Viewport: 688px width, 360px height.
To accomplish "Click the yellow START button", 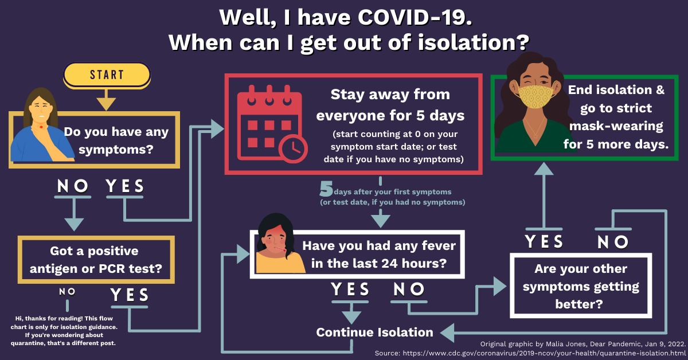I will click(107, 75).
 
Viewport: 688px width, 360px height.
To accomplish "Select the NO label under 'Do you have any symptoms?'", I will click(73, 186).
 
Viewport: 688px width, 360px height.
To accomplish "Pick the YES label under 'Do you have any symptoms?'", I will click(125, 186).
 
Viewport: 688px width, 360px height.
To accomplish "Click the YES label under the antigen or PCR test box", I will click(130, 295).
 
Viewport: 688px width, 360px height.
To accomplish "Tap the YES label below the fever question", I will click(351, 289).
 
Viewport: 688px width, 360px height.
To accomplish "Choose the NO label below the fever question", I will click(409, 289).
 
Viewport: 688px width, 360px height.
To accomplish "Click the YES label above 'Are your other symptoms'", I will click(545, 242).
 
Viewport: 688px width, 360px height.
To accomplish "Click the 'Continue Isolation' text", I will click(374, 332).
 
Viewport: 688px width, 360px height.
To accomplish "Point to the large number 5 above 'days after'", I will click(326, 189).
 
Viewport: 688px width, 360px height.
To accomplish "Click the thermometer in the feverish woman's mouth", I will click(280, 251).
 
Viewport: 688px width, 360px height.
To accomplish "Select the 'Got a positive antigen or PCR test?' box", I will click(96, 259).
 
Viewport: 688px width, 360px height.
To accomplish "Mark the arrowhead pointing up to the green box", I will click(544, 168).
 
